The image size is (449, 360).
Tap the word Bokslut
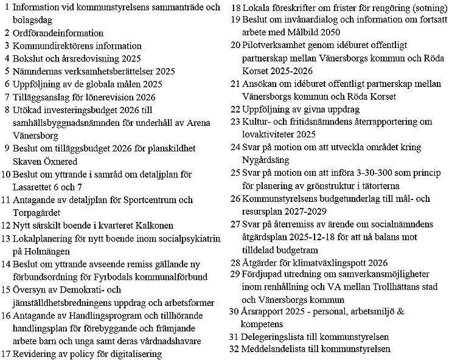(x=29, y=58)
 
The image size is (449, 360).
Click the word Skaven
(x=27, y=161)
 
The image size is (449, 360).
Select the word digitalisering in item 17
(x=134, y=353)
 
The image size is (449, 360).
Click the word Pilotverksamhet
(x=275, y=46)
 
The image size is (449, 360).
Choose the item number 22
(x=235, y=109)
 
